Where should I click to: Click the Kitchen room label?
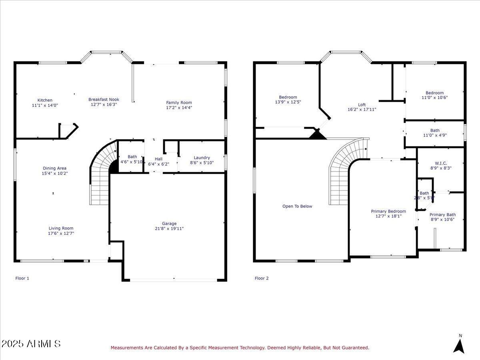(45, 100)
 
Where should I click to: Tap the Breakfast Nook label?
(104, 99)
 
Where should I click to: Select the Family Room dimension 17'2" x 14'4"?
(179, 108)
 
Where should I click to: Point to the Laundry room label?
(202, 158)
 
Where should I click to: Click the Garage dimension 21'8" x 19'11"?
(169, 229)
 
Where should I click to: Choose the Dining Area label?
(55, 168)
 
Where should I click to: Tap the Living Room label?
(61, 228)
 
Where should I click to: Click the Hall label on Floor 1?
(158, 159)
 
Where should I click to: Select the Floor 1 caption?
(22, 278)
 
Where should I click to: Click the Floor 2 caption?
(262, 278)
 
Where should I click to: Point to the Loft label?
(362, 105)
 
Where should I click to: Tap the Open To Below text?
(297, 206)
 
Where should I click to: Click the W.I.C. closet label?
(441, 163)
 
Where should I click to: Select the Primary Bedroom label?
(388, 211)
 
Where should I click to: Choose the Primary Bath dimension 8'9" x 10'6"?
(442, 220)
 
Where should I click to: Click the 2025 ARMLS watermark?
(31, 344)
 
